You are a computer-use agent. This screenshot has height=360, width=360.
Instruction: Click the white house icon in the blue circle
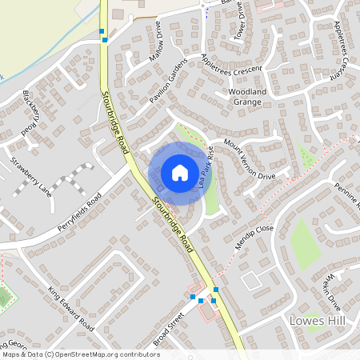(x=180, y=172)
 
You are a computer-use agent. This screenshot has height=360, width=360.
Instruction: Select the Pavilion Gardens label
(x=169, y=82)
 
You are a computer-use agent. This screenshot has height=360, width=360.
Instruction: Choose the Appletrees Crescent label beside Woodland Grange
(x=232, y=63)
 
